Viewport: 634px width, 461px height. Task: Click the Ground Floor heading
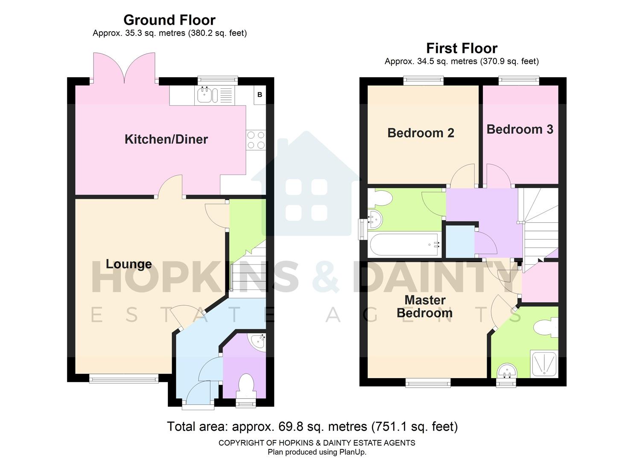point(169,20)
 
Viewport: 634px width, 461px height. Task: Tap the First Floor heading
point(462,48)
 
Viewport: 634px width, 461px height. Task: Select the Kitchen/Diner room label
point(166,139)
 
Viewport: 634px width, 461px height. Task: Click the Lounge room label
point(129,264)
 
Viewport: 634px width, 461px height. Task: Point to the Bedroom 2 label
point(421,133)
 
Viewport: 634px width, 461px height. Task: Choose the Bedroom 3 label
point(520,129)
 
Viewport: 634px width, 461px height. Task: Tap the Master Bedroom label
point(425,306)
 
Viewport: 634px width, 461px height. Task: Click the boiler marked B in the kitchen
point(260,95)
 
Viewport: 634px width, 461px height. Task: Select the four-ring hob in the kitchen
point(256,140)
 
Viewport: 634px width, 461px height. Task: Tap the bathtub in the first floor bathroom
point(405,245)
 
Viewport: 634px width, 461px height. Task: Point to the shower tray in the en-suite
point(544,364)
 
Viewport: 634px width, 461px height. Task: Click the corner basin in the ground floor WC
point(259,341)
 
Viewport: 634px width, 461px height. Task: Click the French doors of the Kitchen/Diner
point(124,68)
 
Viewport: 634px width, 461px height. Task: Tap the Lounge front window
point(123,378)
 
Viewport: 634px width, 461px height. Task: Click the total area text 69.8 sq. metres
point(312,426)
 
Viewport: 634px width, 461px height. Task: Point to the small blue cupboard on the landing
point(460,242)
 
